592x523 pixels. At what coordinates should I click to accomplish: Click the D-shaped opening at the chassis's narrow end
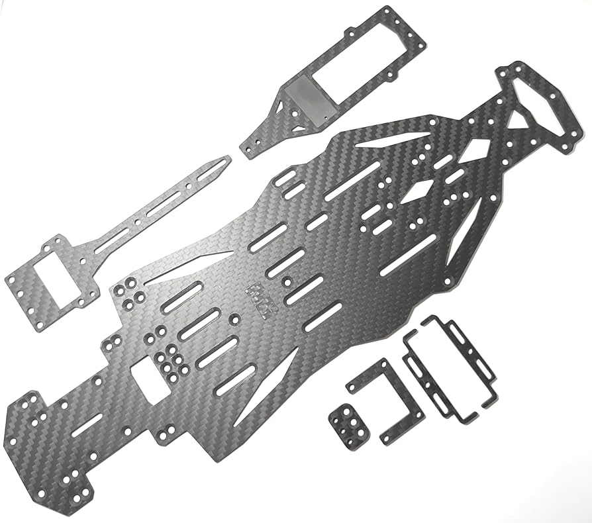coord(533,106)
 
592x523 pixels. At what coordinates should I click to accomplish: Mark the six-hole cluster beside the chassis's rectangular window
coord(170,361)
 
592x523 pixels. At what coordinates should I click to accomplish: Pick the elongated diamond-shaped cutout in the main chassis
coord(415,193)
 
